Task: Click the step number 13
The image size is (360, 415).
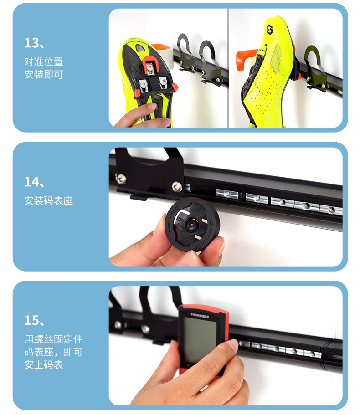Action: click(31, 43)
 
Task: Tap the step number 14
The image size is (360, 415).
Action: click(31, 182)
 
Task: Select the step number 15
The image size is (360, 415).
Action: click(31, 320)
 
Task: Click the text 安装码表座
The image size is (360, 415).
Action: click(49, 200)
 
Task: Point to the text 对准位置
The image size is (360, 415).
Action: click(44, 61)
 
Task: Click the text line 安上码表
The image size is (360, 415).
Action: click(44, 365)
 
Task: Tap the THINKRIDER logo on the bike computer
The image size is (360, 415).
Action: click(200, 316)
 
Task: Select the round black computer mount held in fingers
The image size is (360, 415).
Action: click(192, 224)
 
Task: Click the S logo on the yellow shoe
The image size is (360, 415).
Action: click(270, 29)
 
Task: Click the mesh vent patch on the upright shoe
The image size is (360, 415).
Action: click(277, 59)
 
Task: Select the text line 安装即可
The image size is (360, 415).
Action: click(44, 74)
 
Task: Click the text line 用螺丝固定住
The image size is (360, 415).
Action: click(53, 339)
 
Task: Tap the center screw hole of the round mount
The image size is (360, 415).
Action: click(191, 225)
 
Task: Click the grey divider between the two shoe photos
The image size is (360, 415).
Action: click(228, 68)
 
